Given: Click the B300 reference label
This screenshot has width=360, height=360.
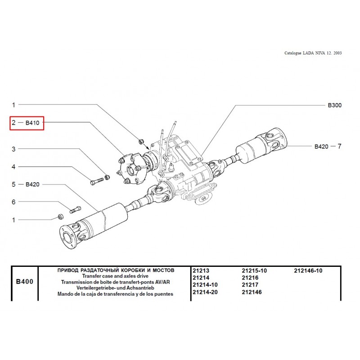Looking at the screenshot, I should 334,105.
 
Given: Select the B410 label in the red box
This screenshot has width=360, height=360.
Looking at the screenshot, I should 32,122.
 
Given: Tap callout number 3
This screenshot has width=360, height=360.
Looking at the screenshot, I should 13,149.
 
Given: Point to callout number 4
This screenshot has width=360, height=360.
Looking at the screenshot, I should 13,166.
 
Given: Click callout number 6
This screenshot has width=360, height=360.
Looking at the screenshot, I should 13,202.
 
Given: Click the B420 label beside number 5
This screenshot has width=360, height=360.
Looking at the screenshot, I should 33,184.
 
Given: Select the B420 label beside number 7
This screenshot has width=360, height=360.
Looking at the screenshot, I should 321,146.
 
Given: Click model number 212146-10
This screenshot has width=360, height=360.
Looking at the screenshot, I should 308,270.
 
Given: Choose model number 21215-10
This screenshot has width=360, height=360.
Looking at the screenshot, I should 254,270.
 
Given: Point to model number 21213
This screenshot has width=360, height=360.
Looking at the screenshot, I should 201,270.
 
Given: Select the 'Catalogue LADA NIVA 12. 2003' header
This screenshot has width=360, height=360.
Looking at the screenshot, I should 313,53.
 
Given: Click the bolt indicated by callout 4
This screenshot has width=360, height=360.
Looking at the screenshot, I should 97,181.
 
